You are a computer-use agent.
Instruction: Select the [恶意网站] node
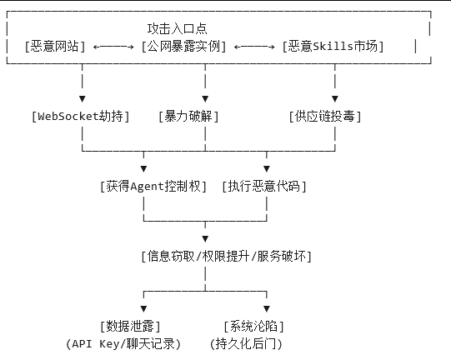[56, 47]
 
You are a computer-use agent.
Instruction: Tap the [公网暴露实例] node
[185, 47]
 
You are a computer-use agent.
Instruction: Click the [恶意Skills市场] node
[333, 47]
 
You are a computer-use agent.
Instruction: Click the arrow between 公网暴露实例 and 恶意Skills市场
[255, 47]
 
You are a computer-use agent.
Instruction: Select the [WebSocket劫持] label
[81, 116]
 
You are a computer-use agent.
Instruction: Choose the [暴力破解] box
[188, 116]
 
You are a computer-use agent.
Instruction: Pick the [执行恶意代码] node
[264, 186]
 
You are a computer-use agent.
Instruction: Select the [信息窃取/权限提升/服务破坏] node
[226, 256]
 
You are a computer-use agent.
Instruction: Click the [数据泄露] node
[129, 325]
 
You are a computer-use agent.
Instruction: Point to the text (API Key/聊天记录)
[123, 342]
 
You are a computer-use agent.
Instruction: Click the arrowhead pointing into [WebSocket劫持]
[82, 98]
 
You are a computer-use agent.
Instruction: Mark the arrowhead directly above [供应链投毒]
[335, 98]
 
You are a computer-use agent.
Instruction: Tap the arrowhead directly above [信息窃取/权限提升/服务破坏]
[206, 238]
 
